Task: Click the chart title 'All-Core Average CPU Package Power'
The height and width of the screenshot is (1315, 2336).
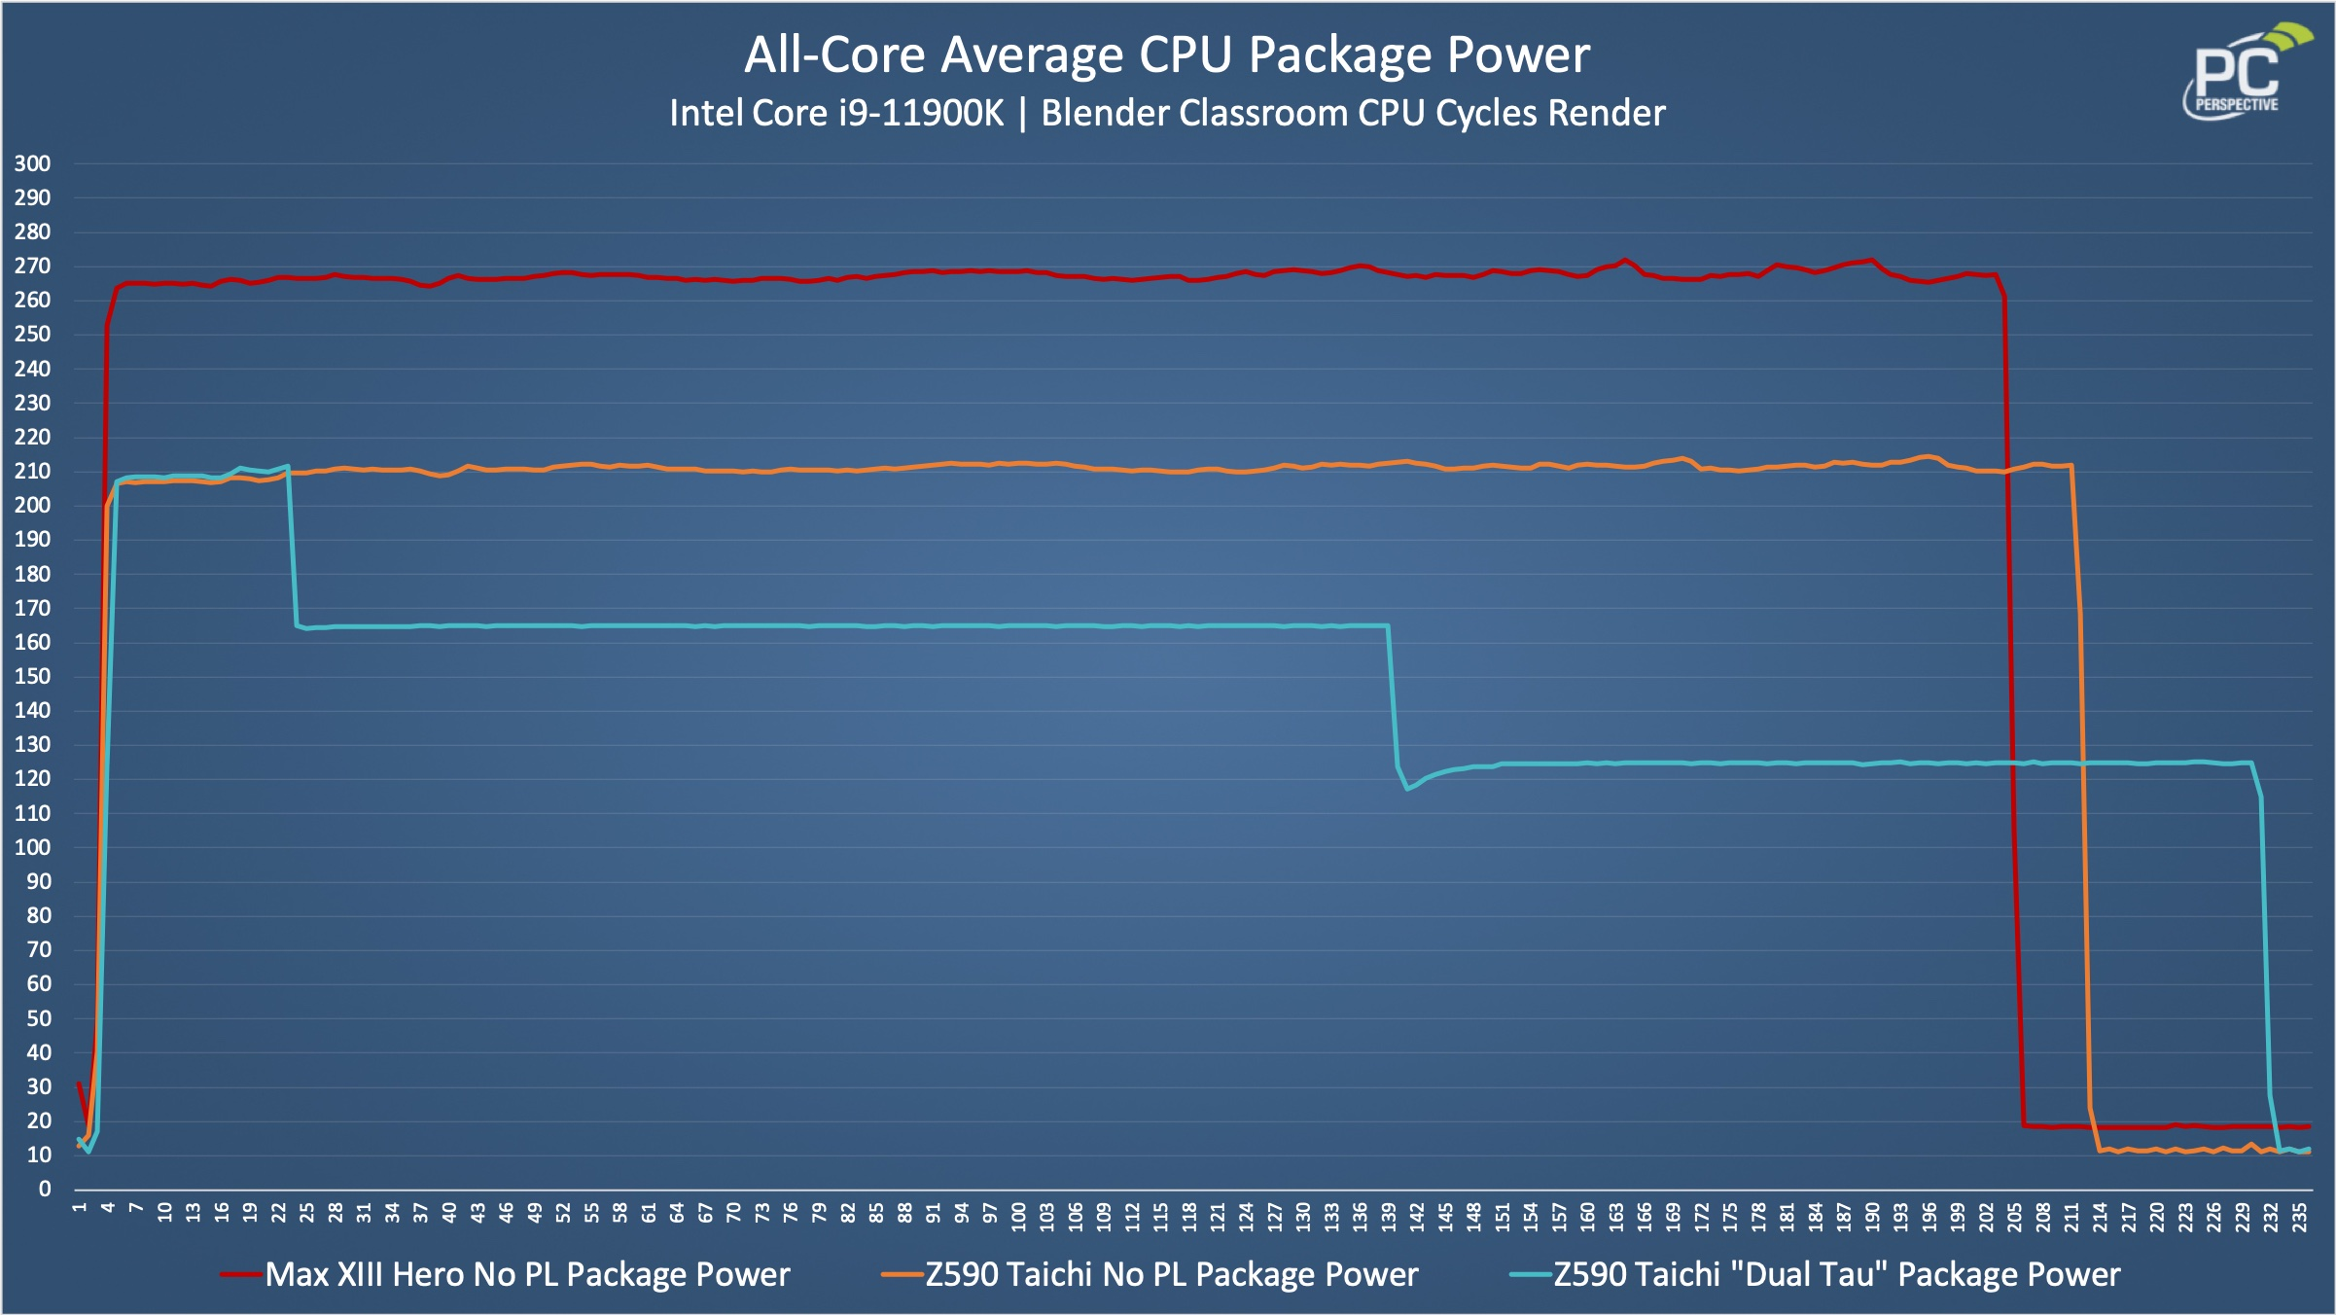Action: click(1167, 54)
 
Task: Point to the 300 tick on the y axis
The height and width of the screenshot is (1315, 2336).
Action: click(32, 163)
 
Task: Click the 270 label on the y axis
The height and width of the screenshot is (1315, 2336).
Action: click(32, 266)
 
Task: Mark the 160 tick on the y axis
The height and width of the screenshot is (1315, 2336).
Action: click(32, 642)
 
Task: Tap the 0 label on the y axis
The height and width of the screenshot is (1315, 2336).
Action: click(44, 1189)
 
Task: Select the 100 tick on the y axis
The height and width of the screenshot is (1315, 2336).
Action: click(32, 847)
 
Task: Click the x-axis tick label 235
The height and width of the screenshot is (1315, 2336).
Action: click(2300, 1217)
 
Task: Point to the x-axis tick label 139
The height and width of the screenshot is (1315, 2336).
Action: click(1389, 1217)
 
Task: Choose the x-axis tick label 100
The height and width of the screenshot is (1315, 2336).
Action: click(1018, 1217)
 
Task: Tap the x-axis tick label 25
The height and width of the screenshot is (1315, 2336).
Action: click(307, 1213)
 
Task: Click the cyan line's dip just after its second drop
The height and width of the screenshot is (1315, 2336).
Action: click(1407, 788)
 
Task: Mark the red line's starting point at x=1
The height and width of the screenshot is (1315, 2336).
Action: click(79, 1083)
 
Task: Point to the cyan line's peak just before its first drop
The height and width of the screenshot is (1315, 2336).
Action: click(287, 466)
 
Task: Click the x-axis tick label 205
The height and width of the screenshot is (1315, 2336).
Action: click(2015, 1217)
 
